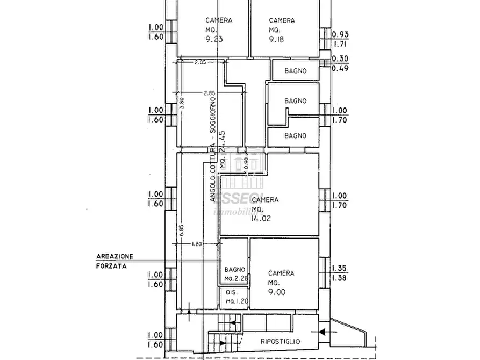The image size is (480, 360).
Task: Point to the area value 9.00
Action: tap(277, 292)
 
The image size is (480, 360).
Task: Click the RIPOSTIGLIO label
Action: tap(280, 342)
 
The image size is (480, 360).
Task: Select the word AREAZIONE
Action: tap(115, 256)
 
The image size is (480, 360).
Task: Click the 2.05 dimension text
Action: tap(200, 62)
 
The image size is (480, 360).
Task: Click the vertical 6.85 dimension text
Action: tap(181, 227)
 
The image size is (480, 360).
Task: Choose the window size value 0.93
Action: tap(341, 34)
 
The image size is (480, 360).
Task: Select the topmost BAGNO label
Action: tap(296, 70)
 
